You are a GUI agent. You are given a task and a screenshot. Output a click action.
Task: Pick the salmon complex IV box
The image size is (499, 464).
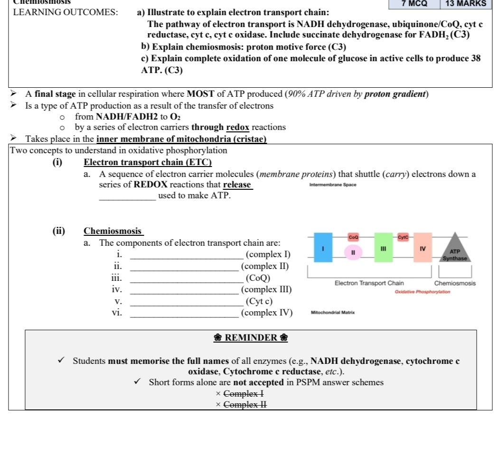[x=422, y=247]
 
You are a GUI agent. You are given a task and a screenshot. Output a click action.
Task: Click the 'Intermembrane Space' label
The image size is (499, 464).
[x=332, y=185]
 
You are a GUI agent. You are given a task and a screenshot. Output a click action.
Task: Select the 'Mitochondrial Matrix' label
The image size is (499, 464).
[x=332, y=313]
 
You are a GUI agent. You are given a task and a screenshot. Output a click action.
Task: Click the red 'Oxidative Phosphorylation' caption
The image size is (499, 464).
[x=422, y=292]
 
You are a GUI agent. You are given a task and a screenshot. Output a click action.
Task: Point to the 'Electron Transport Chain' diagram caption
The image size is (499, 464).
[x=369, y=283]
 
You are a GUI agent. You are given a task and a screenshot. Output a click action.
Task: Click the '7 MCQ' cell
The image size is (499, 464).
[x=414, y=3]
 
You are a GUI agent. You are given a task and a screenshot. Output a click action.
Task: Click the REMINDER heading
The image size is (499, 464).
[x=250, y=338]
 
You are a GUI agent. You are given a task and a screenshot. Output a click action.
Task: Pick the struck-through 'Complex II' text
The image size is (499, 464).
[x=245, y=404]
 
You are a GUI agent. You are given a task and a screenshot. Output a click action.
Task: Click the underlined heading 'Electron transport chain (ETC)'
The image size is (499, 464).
[x=147, y=162]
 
